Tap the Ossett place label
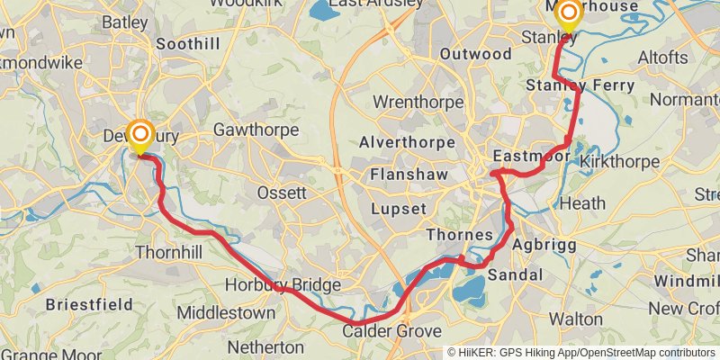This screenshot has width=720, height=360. coord(282,193)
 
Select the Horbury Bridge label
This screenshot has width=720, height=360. coord(283,285)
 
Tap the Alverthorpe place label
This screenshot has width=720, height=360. coord(401,142)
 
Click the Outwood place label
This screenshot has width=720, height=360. coord(476,54)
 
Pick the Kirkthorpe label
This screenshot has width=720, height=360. coord(620,161)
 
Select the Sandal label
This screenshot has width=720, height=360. coord(516,274)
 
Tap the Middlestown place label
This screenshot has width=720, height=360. coord(226,312)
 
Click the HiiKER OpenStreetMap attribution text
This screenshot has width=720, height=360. coord(581,353)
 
